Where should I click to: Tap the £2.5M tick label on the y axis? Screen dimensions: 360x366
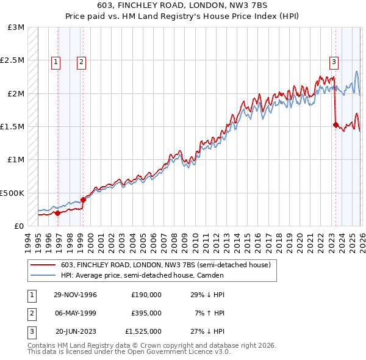12,60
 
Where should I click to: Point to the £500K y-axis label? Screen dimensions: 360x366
12,193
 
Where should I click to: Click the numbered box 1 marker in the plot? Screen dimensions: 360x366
56,61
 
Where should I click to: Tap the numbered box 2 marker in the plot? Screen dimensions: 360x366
81,61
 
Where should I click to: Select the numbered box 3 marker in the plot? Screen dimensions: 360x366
334,61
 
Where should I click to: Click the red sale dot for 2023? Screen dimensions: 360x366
335,124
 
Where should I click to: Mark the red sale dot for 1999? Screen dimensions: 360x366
83,199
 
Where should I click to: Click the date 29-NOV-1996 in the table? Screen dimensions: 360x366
75,295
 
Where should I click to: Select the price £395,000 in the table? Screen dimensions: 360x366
146,313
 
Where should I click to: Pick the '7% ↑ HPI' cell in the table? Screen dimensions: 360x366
210,313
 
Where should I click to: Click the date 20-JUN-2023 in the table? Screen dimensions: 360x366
76,331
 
